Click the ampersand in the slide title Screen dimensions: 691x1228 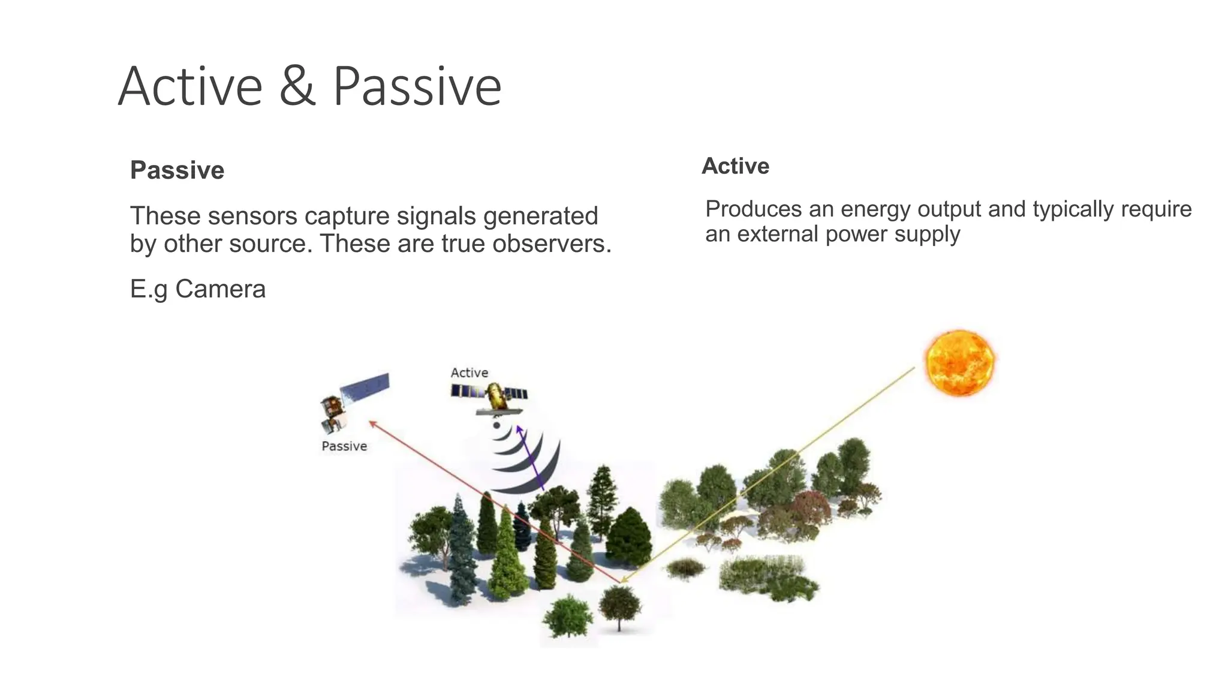click(x=297, y=88)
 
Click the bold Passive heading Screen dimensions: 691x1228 click(x=177, y=170)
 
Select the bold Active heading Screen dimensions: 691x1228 click(x=735, y=166)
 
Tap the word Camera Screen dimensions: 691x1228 click(x=220, y=289)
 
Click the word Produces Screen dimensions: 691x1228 click(x=753, y=209)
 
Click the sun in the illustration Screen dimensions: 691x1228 click(x=959, y=362)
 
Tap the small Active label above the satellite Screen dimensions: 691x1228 click(x=469, y=372)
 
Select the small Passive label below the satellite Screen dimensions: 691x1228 click(x=344, y=446)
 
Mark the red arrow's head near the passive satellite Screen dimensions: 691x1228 click(x=372, y=423)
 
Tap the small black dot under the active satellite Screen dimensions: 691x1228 click(x=496, y=425)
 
